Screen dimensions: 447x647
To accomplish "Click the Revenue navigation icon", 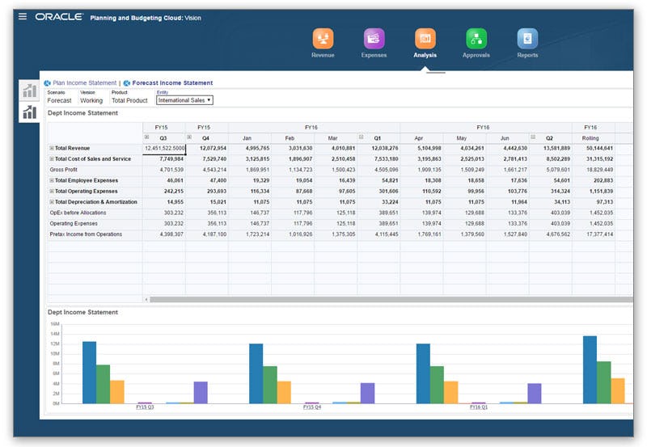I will pyautogui.click(x=323, y=38).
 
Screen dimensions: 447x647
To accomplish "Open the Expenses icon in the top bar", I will pyautogui.click(x=374, y=38).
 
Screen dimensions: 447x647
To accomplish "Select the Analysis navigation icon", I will pyautogui.click(x=425, y=38).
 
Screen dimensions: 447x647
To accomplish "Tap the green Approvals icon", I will pyautogui.click(x=476, y=38).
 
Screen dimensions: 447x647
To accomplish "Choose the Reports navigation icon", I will pyautogui.click(x=527, y=38).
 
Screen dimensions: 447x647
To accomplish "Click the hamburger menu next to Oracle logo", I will pyautogui.click(x=23, y=16).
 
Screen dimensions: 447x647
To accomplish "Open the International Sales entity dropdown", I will pyautogui.click(x=184, y=100).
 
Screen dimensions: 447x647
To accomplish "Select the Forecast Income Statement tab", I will pyautogui.click(x=172, y=82).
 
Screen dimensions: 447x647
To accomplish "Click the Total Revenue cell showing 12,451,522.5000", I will pyautogui.click(x=165, y=149).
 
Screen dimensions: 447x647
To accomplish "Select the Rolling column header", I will pyautogui.click(x=590, y=138).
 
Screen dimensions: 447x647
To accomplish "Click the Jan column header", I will pyautogui.click(x=246, y=138).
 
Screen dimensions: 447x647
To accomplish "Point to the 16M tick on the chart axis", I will pyautogui.click(x=55, y=323).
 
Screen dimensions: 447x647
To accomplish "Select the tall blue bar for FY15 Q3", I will pyautogui.click(x=89, y=372).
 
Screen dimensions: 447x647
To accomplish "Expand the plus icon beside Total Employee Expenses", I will pyautogui.click(x=52, y=180).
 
